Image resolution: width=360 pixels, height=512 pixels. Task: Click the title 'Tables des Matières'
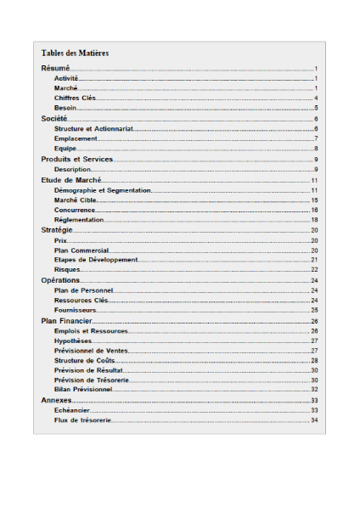(75, 53)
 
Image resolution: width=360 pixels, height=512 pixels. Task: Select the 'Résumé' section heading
(55, 68)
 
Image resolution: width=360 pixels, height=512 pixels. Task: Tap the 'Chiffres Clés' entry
(75, 98)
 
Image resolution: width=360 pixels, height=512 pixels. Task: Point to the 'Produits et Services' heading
(77, 160)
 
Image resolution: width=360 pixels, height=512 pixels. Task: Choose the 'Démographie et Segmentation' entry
(102, 190)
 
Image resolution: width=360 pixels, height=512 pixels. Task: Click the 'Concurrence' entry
(75, 210)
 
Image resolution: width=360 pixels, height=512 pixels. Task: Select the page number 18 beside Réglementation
(314, 220)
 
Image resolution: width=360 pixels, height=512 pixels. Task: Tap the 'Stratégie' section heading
(58, 230)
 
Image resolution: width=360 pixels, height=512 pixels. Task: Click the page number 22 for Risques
(314, 270)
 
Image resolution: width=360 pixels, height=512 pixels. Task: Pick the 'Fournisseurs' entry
(76, 311)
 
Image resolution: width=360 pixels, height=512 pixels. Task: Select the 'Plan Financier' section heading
(66, 321)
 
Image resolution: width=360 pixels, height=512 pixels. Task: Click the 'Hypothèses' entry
(73, 340)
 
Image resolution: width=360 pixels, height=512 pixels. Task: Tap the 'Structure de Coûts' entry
(86, 361)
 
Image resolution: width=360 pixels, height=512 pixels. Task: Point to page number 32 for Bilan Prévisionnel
(314, 390)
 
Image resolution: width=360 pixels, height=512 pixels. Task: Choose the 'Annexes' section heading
(56, 400)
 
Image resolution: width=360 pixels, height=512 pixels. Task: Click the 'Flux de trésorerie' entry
(82, 420)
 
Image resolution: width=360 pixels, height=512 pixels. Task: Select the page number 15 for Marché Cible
(314, 200)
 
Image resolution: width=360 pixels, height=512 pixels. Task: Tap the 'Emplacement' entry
(76, 139)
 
